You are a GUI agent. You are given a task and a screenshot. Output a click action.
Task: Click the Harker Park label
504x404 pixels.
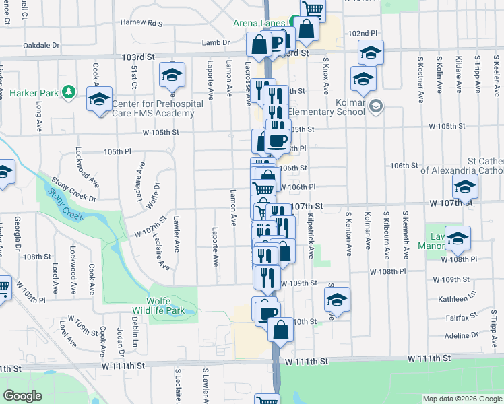pyautogui.click(x=32, y=91)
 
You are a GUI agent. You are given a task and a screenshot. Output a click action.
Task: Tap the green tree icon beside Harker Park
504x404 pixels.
pyautogui.click(x=67, y=91)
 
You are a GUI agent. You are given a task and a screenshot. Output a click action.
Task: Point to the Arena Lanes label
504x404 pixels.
pyautogui.click(x=259, y=23)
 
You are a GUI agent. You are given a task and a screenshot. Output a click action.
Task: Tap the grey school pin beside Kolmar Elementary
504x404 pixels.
pyautogui.click(x=377, y=106)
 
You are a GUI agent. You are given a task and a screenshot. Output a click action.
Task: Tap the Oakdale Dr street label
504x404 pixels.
pyautogui.click(x=41, y=46)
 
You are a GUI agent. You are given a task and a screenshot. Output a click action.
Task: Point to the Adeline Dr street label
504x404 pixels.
pyautogui.click(x=461, y=335)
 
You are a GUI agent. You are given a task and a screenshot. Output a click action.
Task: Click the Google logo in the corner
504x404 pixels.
pyautogui.click(x=22, y=395)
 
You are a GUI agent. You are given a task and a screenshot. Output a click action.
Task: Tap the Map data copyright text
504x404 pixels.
pyautogui.click(x=462, y=399)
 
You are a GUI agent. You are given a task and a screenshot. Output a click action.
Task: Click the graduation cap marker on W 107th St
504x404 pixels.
pyautogui.click(x=465, y=189)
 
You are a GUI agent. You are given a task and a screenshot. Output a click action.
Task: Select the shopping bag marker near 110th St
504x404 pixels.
pyautogui.click(x=280, y=331)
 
